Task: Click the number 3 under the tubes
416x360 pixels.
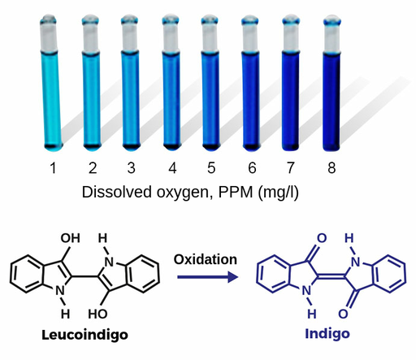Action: coord(132,168)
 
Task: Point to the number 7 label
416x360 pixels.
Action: coord(290,168)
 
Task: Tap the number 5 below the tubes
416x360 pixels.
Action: coord(211,168)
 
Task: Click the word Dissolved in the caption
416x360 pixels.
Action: coord(117,193)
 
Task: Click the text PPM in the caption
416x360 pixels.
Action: coord(236,193)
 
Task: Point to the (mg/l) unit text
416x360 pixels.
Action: coord(278,193)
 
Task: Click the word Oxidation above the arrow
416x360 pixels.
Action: coord(206,259)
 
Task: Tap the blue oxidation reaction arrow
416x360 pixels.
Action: coord(208,277)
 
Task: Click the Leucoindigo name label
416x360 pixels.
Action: coord(84,335)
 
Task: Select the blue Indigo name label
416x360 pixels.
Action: coord(327,334)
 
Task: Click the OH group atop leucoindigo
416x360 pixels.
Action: coord(71,238)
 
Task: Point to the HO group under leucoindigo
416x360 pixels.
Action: coord(97,314)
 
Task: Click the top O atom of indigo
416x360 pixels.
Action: coord(322,238)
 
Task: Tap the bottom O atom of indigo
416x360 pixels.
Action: coord(343,314)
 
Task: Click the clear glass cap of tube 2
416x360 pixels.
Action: coord(91,34)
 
